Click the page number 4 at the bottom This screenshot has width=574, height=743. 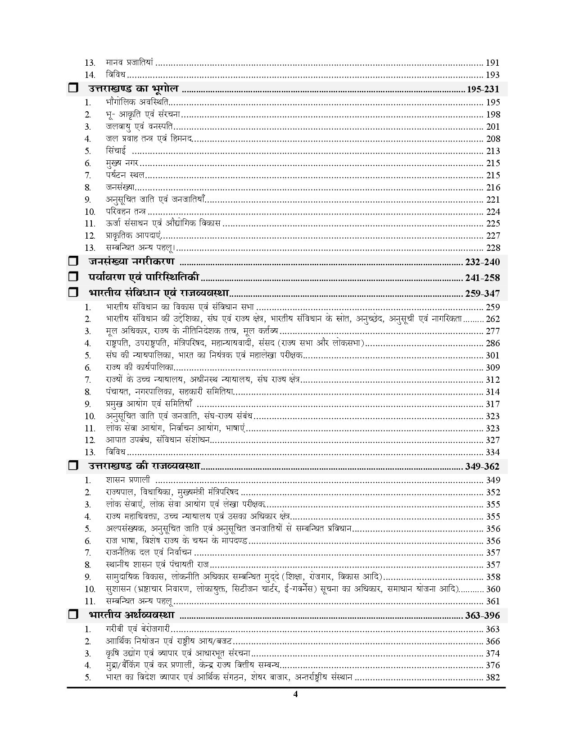click(295, 694)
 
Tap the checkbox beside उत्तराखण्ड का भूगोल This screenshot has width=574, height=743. click(73, 89)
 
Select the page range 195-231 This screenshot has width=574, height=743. click(483, 89)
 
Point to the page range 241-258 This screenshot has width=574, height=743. click(483, 278)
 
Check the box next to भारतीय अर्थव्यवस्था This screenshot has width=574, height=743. click(73, 615)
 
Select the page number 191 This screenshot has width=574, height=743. click(493, 63)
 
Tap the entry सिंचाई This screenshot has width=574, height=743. click(116, 151)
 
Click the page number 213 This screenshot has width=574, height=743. click(493, 151)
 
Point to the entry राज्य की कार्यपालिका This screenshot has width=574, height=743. click(140, 367)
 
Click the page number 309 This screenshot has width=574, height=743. click(493, 367)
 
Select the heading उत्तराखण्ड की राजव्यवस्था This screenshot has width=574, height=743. click(145, 466)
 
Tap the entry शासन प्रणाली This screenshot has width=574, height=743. click(128, 480)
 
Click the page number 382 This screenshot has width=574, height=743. click(493, 677)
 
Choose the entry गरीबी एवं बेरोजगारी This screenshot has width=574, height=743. click(138, 629)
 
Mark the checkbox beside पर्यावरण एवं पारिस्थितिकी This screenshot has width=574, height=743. click(73, 278)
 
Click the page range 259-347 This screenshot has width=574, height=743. click(483, 294)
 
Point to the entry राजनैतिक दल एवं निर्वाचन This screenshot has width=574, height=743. click(149, 553)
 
